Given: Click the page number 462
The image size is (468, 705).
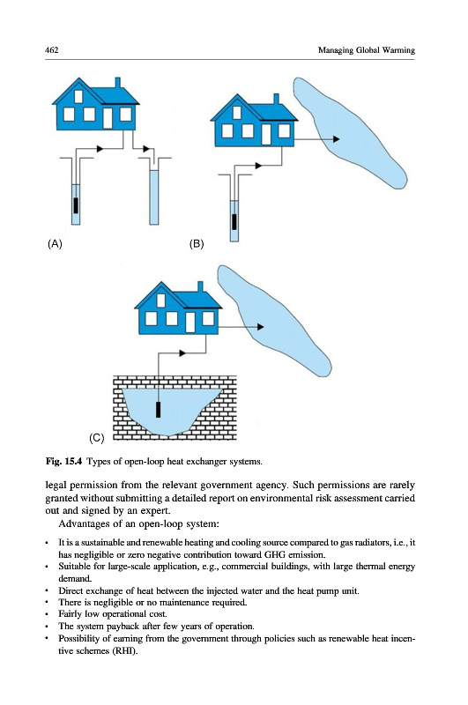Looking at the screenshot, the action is coord(52,49).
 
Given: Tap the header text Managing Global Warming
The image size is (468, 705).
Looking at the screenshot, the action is coord(367,50).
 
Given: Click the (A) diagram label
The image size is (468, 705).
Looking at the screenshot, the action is coord(55,244).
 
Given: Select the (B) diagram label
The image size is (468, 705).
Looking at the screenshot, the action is coord(197,244).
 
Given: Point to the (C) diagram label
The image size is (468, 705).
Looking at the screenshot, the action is coord(97,438).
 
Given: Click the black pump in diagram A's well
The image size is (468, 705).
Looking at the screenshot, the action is coord(76,205).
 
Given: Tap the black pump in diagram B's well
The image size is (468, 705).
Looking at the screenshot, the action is coord(234,222).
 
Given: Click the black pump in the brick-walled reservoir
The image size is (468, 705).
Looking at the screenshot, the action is coord(158,410).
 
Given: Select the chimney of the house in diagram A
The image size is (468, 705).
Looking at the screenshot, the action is coord(118,84).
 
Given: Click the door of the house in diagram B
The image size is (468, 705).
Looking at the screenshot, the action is coord(266,134).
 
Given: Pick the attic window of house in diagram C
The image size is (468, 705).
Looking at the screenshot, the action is coord(160,301).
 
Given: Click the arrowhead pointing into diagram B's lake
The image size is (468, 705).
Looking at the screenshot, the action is coord(337,139).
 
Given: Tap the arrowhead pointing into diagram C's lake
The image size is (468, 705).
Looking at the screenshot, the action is coord(260,327).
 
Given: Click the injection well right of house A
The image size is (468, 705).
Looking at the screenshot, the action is coord(153,197).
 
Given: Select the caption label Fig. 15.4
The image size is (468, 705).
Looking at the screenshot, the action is coord(63,461).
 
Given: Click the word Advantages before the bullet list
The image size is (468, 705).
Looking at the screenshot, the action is coord(81,523).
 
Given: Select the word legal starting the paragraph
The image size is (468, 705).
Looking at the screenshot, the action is coord(56,486).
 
